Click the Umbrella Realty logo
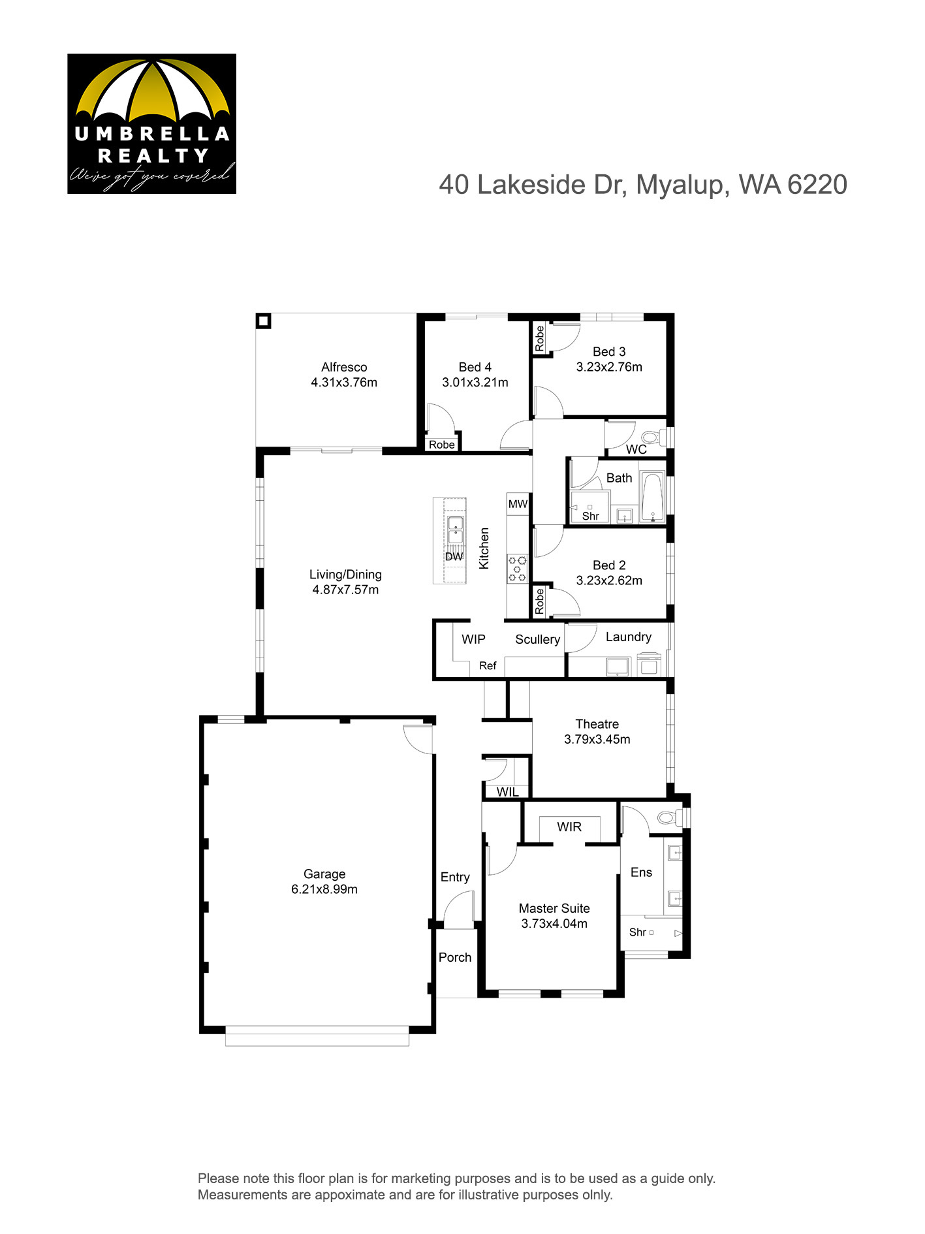coord(151,123)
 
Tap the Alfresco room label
coord(344,367)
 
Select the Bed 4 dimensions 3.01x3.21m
coord(475,383)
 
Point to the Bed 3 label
coord(609,351)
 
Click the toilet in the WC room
coord(652,437)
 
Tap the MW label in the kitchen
coord(518,503)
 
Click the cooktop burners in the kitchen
coord(518,568)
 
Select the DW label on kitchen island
coord(454,556)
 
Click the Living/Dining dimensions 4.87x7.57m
coord(345,590)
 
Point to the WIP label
coord(473,639)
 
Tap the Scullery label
coord(537,640)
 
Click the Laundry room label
coord(629,637)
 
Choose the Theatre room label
coord(597,723)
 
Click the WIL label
coord(507,792)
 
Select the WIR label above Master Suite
coord(569,827)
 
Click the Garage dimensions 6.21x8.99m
coord(324,889)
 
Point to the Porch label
coord(455,957)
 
